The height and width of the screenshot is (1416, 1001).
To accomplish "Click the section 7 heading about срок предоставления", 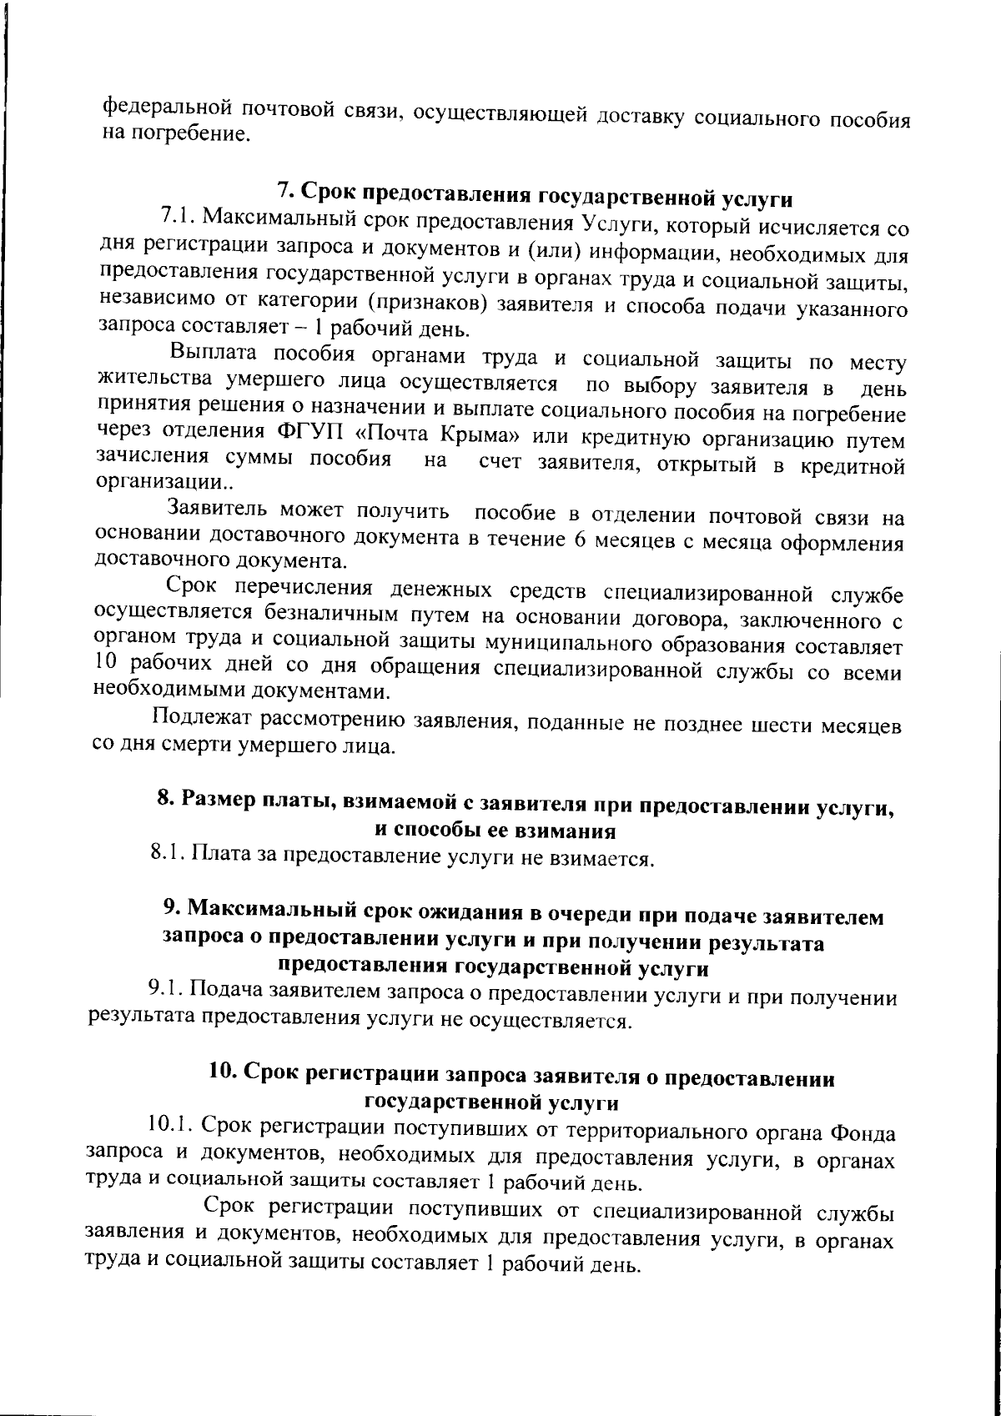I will (535, 193).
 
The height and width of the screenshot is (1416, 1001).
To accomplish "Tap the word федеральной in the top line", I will (166, 109).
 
